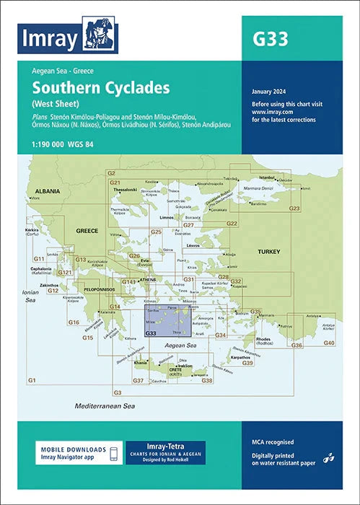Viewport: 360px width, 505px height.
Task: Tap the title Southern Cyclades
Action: [x=100, y=88]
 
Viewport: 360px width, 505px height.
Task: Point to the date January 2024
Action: [x=271, y=92]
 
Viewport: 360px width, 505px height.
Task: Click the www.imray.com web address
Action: [x=271, y=113]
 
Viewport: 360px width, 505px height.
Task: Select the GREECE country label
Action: [x=86, y=231]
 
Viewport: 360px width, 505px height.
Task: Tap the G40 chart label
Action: [x=328, y=342]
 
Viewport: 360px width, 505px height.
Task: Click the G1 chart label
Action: [x=32, y=379]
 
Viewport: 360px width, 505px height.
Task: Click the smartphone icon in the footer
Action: [x=113, y=453]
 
